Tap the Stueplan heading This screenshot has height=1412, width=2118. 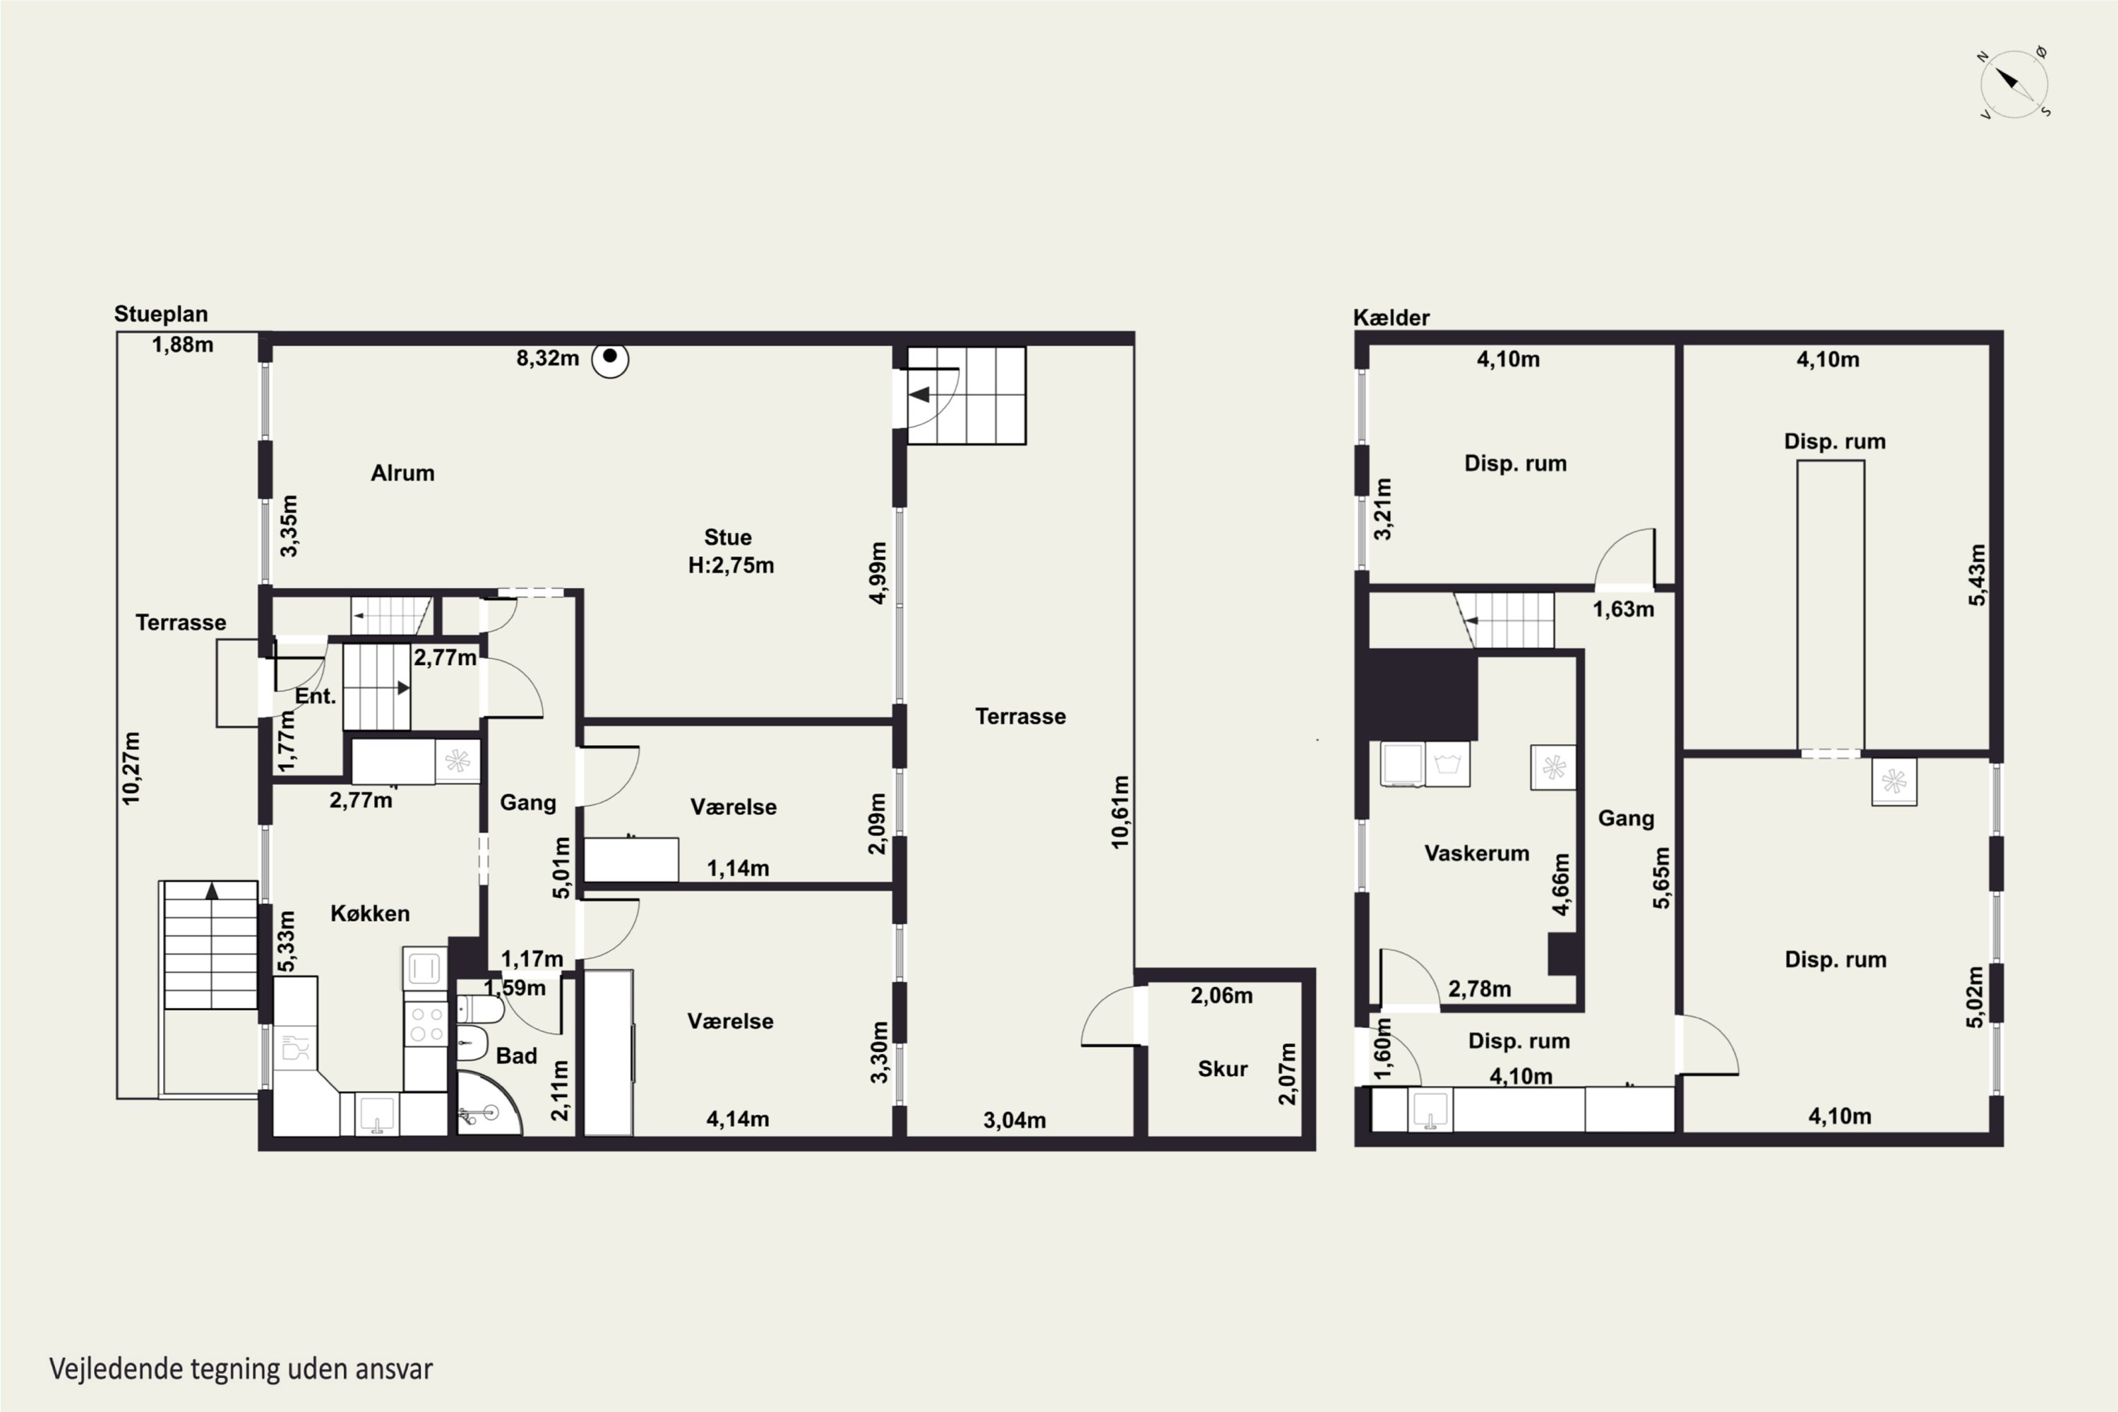click(x=160, y=313)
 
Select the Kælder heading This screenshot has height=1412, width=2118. click(x=1392, y=317)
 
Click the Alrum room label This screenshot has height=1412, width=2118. click(x=402, y=473)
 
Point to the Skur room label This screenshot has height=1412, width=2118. click(x=1222, y=1069)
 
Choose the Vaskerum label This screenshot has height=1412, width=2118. click(x=1476, y=853)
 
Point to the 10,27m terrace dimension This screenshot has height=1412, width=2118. click(x=131, y=768)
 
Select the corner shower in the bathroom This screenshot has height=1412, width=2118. click(x=487, y=1102)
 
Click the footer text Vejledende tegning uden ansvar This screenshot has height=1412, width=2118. click(x=241, y=1369)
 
